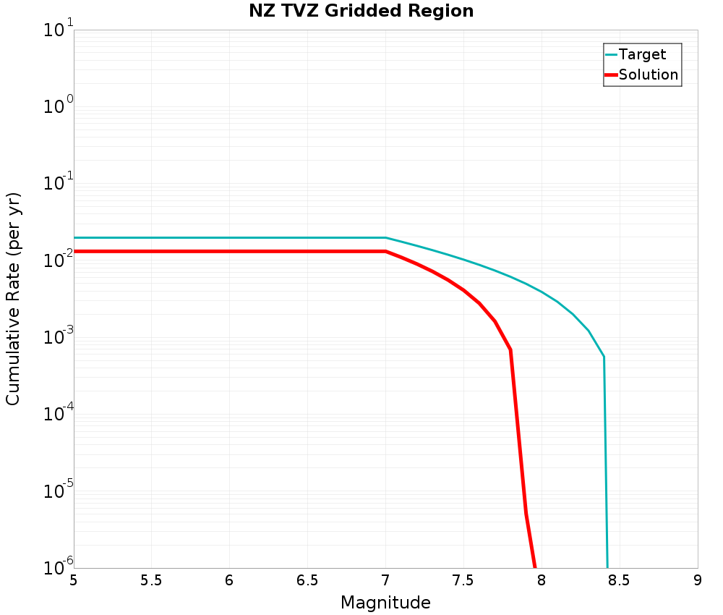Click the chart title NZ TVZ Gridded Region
361,12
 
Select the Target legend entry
642,54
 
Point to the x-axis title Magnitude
385,603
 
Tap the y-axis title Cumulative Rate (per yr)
13,299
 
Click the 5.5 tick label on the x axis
151,580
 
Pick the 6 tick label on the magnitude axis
229,580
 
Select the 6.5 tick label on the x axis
307,580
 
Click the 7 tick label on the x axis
385,580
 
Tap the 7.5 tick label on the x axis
463,580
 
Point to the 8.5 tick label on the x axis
620,580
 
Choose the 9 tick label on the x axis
698,580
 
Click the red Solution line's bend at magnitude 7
385,251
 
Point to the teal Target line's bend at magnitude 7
385,237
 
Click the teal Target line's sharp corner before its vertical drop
604,357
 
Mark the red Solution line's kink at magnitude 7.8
510,350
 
